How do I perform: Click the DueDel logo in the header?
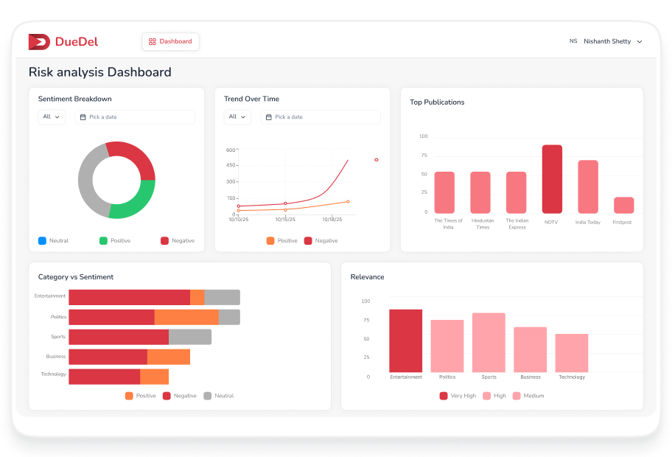pos(63,42)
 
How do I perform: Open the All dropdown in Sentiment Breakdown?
pos(52,117)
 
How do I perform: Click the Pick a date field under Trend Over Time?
pos(321,117)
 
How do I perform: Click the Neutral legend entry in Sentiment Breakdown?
pos(53,241)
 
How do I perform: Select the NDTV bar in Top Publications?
pos(552,179)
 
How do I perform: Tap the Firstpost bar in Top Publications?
pos(623,205)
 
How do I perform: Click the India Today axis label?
pos(587,222)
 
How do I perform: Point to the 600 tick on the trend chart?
pos(231,150)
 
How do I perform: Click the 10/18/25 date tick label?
pos(332,220)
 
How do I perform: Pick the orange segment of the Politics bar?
pos(186,317)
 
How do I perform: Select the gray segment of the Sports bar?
pos(190,337)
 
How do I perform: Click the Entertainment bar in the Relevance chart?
pos(406,341)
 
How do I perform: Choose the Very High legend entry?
pos(458,396)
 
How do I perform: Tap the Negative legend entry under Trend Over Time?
pos(321,241)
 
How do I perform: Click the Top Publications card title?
pos(437,102)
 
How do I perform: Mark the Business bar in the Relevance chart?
pos(530,349)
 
